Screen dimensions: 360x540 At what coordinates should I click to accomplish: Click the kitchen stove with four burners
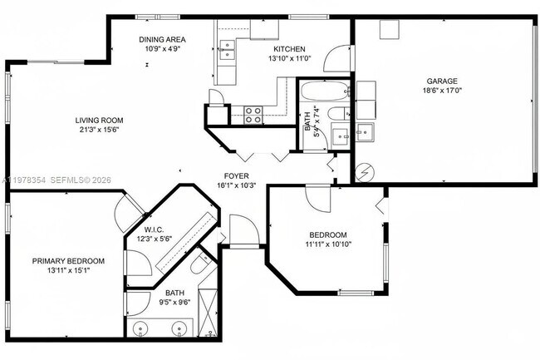pyautogui.click(x=253, y=115)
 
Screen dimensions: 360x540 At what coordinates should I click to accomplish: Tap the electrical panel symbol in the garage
pyautogui.click(x=364, y=173)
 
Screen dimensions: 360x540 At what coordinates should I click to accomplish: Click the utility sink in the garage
pyautogui.click(x=363, y=131)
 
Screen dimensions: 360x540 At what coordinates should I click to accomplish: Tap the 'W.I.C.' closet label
pyautogui.click(x=154, y=229)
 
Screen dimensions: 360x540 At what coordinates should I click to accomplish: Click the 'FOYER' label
pyautogui.click(x=234, y=175)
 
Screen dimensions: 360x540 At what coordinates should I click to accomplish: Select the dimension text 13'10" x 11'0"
pyautogui.click(x=288, y=59)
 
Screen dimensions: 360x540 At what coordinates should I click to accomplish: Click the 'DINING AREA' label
pyautogui.click(x=162, y=39)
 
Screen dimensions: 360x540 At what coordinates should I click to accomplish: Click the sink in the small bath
pyautogui.click(x=339, y=136)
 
